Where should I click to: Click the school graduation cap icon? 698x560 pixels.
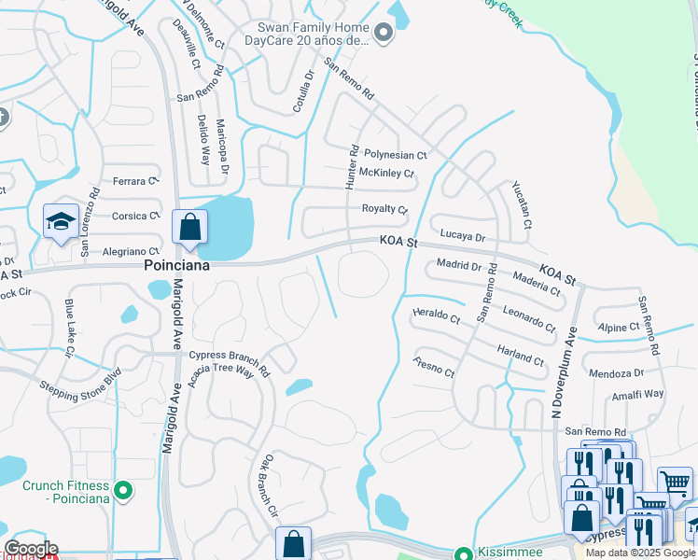[61, 222]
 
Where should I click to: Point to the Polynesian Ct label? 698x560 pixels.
[395, 155]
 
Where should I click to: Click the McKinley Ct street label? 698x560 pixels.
[386, 174]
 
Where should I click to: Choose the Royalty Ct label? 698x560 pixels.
[384, 209]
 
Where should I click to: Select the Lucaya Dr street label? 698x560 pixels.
[461, 238]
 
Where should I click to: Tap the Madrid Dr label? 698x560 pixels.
[458, 266]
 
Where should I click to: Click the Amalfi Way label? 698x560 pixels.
[639, 395]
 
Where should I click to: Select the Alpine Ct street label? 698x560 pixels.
[619, 328]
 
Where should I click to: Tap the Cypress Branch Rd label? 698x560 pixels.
[229, 356]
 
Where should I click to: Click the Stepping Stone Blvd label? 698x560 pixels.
[80, 385]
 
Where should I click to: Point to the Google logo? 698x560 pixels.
[30, 549]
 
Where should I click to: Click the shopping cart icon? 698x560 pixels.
[675, 483]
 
